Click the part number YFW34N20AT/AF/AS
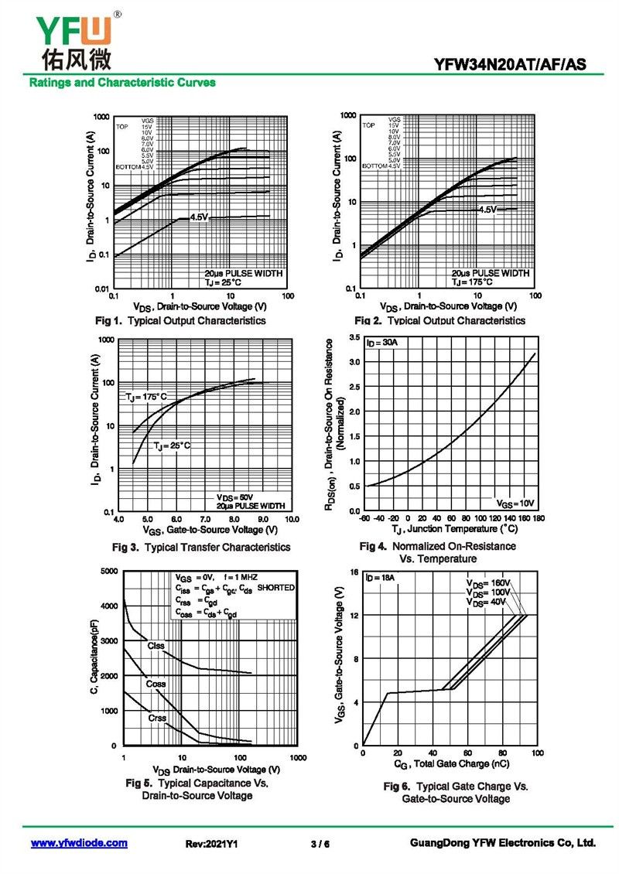tap(510, 66)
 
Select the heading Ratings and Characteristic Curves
tap(122, 83)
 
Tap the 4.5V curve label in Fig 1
tap(199, 217)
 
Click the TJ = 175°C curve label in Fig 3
tap(146, 397)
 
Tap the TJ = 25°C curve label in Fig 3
tap(171, 446)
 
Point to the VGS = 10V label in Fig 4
tap(515, 503)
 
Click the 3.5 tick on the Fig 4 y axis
tap(354, 338)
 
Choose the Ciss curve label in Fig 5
tap(156, 645)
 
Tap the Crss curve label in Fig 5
tap(157, 719)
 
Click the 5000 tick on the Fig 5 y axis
tap(108, 571)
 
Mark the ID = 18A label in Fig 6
tap(380, 577)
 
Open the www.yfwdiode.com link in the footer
tap(79, 843)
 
